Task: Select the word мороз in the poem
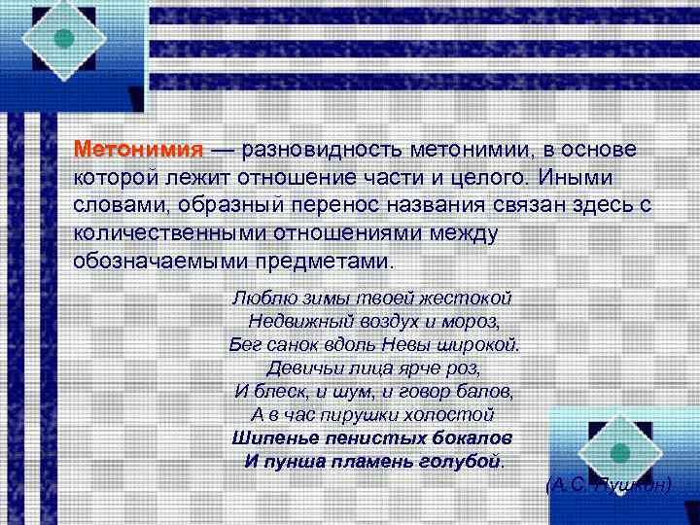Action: (x=476, y=320)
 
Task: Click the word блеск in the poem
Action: (x=280, y=391)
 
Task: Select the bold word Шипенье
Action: (x=274, y=437)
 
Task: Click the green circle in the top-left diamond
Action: (x=63, y=38)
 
